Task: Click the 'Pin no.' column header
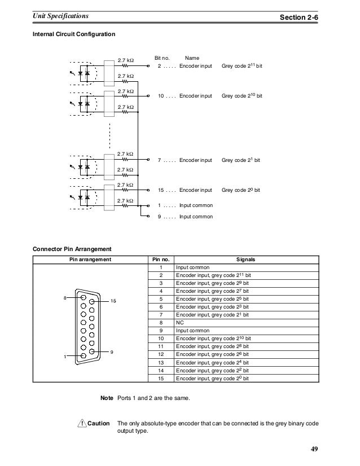click(161, 260)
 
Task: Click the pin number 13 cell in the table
click(161, 362)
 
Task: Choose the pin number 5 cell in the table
click(161, 298)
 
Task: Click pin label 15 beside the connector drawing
click(113, 301)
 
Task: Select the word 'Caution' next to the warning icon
click(99, 423)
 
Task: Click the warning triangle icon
click(82, 423)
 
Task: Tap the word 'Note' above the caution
click(107, 399)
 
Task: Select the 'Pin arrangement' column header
click(90, 260)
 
